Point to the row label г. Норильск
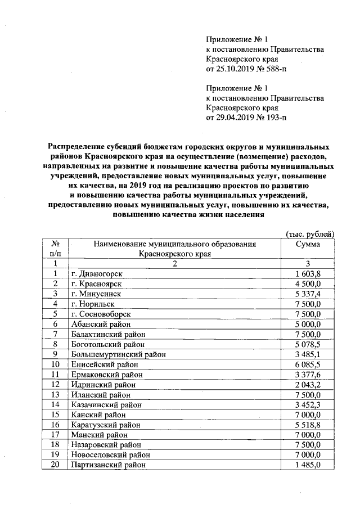pos(92,304)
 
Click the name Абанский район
pos(101,324)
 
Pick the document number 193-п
pos(274,118)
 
